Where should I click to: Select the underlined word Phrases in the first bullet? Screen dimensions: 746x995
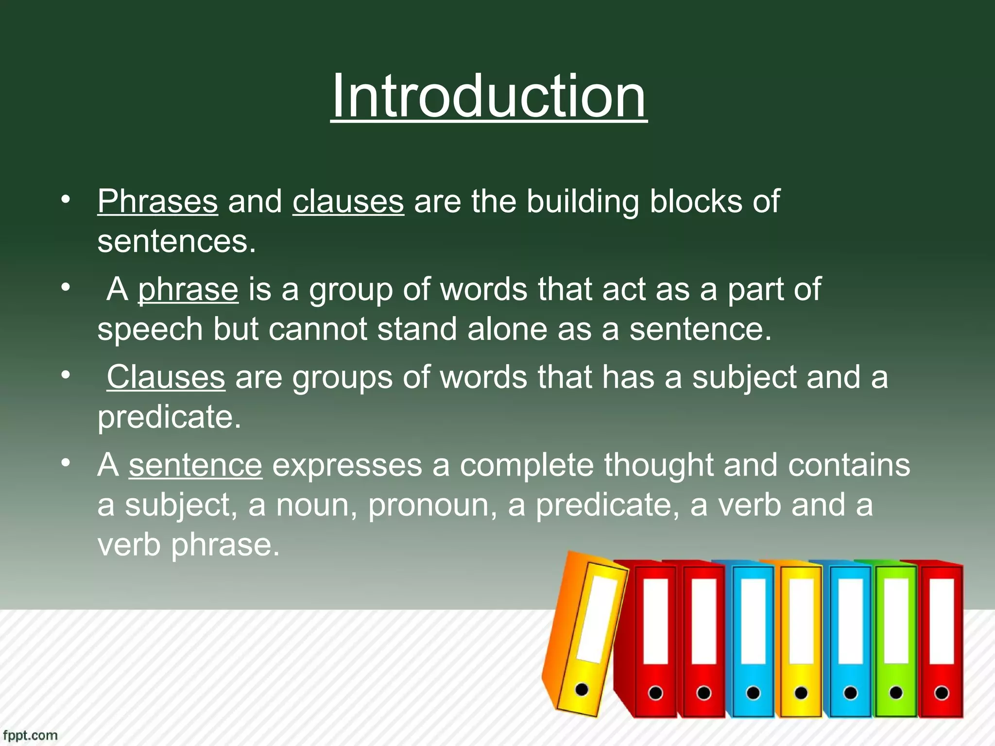point(157,201)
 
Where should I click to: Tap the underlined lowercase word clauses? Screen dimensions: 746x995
point(348,201)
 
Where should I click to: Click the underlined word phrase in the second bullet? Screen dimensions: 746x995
point(188,289)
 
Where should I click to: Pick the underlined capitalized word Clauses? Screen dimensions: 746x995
point(166,377)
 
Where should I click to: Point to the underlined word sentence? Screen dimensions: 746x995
point(195,465)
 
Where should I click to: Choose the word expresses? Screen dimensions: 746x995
point(347,465)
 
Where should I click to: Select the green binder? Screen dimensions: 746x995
point(895,641)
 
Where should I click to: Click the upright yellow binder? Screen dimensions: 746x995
point(801,641)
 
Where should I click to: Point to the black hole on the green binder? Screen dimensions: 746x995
point(896,693)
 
